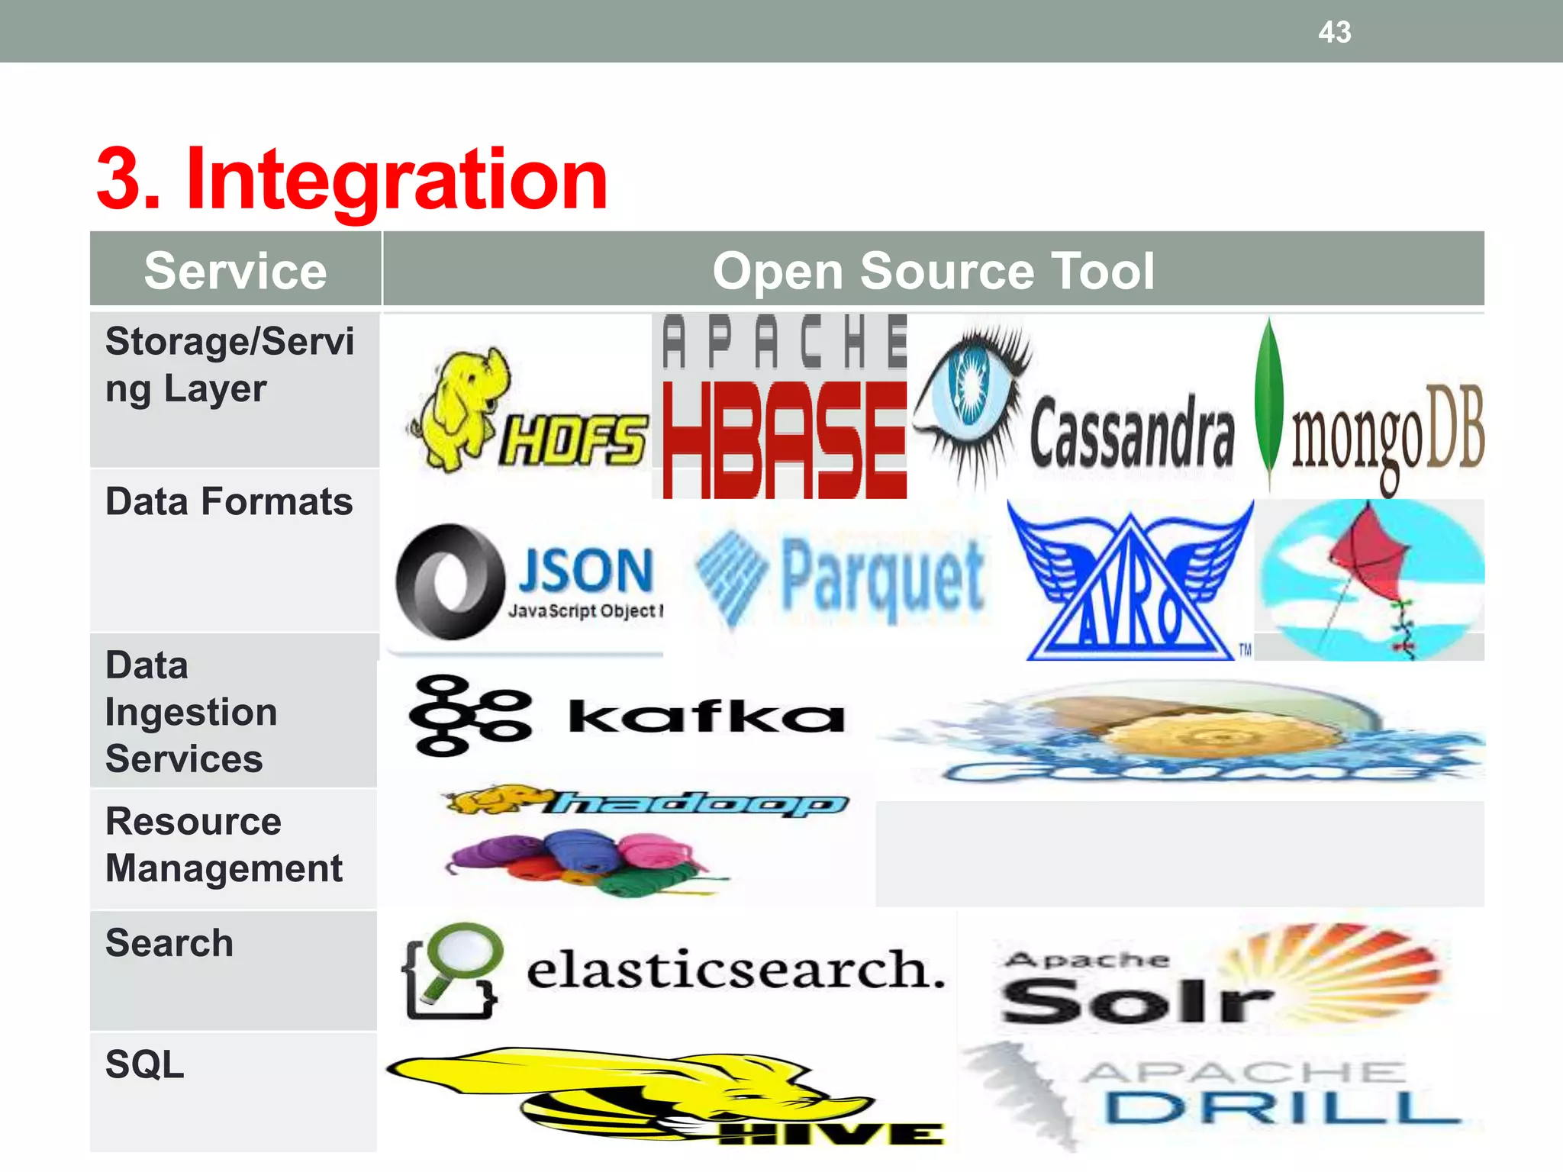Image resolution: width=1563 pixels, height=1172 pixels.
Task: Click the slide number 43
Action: point(1334,32)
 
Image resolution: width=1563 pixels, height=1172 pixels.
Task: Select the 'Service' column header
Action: point(235,271)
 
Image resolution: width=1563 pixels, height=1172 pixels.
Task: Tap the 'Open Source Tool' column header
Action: point(933,271)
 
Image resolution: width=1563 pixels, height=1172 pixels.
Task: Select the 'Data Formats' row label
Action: point(229,502)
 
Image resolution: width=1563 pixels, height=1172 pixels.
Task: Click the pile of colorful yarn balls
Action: point(580,862)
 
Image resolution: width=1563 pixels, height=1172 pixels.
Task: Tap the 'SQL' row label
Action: point(145,1064)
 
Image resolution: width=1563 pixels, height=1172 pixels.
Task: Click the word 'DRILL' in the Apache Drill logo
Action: point(1282,1108)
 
